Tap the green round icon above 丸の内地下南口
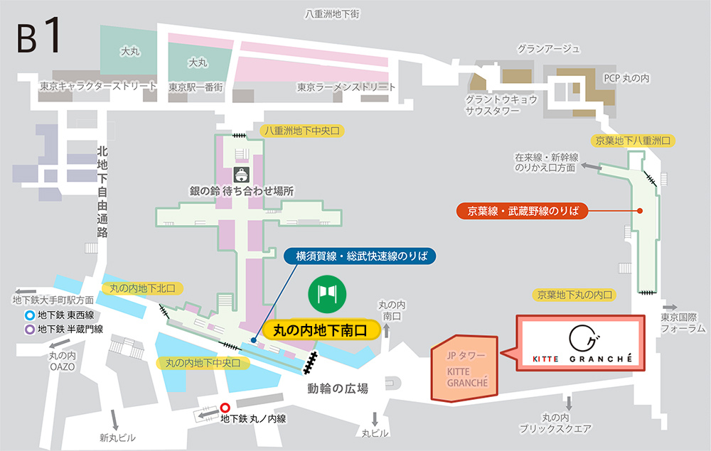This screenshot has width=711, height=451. click(x=327, y=293)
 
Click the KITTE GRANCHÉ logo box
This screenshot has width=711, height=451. click(x=581, y=344)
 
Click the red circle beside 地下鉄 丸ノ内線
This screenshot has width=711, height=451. click(x=225, y=408)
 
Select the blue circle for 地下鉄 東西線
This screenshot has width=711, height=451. click(x=29, y=316)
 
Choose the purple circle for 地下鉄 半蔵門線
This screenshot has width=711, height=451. click(x=29, y=329)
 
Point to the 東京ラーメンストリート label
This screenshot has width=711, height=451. click(x=346, y=87)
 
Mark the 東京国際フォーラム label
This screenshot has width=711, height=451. click(x=683, y=322)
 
